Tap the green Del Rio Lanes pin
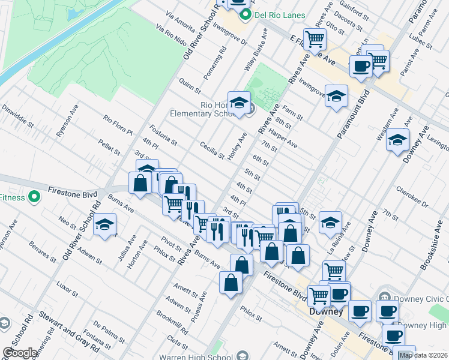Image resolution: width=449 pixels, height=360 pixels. point(244,15)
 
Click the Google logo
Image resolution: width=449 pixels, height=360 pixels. point(20,353)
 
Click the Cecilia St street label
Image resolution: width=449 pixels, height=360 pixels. point(212,151)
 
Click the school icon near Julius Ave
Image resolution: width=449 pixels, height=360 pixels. point(105,225)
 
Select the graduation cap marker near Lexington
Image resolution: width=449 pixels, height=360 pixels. point(397,140)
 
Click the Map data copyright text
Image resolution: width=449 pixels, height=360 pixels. point(423,355)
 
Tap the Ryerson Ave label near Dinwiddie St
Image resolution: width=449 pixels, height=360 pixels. point(68,123)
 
